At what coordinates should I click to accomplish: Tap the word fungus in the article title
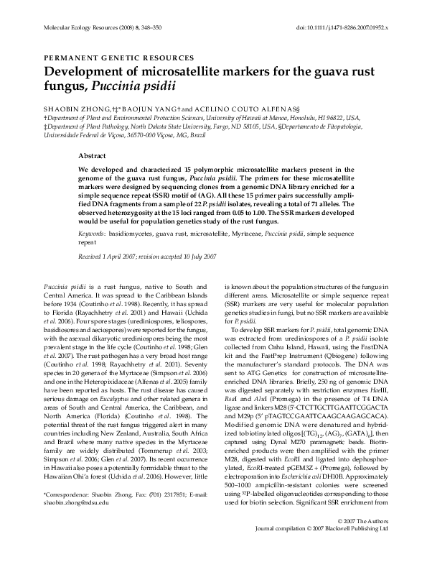67,88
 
